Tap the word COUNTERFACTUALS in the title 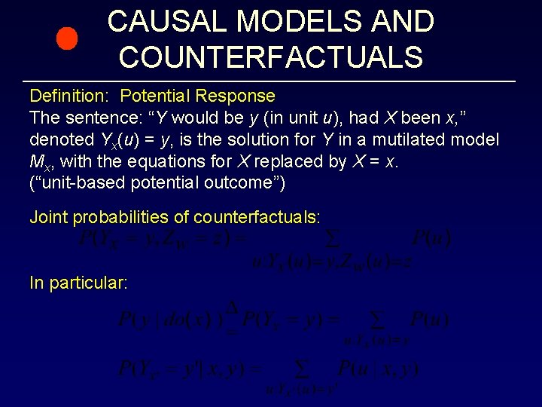tap(270, 57)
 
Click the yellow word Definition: tap(72, 96)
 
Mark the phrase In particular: tap(78, 283)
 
